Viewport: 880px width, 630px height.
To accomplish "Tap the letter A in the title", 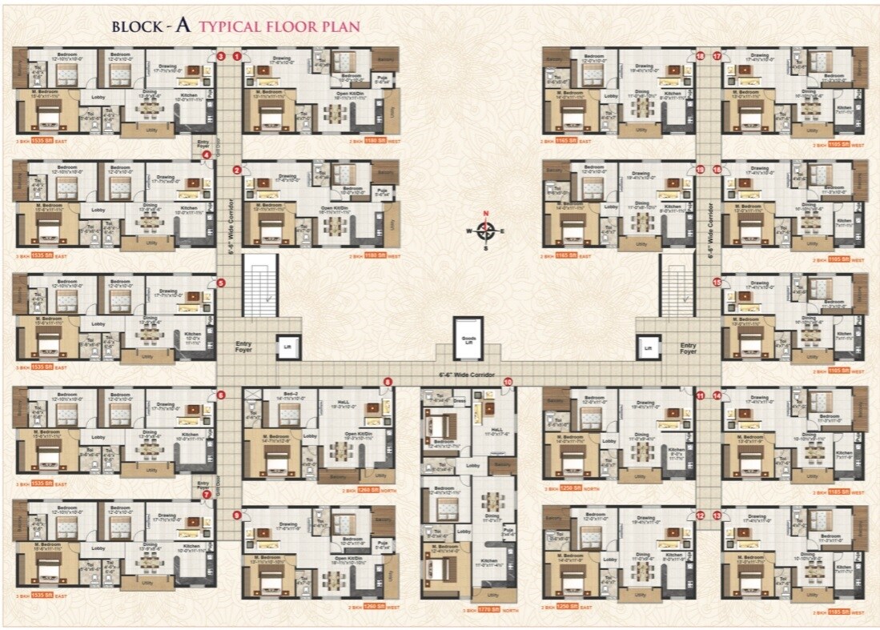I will point(183,25).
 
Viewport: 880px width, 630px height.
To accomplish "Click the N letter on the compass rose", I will point(485,213).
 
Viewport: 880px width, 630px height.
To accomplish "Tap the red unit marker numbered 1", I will point(237,56).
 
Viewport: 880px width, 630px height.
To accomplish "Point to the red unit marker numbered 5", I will point(221,283).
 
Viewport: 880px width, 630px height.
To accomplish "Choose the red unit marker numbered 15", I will point(717,283).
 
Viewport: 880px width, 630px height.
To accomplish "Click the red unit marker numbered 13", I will point(717,516).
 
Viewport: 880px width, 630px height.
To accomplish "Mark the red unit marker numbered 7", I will point(207,495).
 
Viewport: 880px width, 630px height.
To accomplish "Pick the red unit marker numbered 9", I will point(236,516).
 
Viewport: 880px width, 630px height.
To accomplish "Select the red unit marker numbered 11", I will point(700,395).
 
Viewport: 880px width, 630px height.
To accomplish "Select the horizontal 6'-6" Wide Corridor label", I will point(467,375).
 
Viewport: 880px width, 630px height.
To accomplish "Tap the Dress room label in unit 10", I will point(459,399).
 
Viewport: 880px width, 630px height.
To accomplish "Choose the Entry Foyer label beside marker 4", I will point(203,143).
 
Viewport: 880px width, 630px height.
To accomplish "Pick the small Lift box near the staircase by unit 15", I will point(649,347).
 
